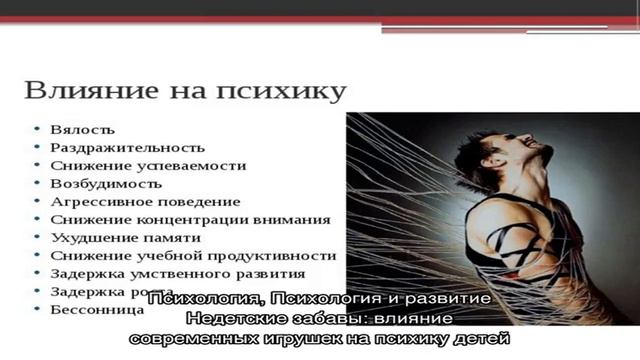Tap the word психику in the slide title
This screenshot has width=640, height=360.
297,93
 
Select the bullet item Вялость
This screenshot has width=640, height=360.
82,130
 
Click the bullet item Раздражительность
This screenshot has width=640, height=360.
127,148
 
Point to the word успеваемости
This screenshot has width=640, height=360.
193,166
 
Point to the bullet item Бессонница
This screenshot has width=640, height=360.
97,310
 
